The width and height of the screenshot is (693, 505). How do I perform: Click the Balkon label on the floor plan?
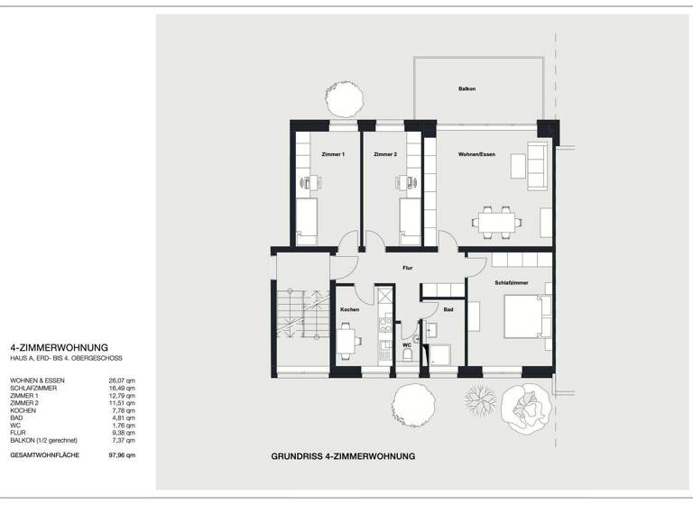click(x=467, y=88)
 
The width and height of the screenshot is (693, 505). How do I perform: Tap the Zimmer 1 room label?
click(x=333, y=155)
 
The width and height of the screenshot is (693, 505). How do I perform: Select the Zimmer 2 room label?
click(x=386, y=155)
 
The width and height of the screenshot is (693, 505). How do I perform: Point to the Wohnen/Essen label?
click(x=477, y=155)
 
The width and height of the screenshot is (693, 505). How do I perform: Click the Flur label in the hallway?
click(x=408, y=267)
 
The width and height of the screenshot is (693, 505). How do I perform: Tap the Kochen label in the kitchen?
click(x=349, y=309)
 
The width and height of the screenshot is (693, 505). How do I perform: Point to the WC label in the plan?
click(x=406, y=344)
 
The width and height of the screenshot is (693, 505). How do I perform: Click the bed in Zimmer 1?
click(x=308, y=221)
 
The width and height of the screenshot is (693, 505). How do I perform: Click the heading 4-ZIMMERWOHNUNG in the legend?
click(x=59, y=347)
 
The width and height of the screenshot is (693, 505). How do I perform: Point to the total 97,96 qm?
click(x=122, y=455)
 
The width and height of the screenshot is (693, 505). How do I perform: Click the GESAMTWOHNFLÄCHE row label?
click(x=44, y=455)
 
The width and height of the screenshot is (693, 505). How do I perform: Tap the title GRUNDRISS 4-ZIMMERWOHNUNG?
click(x=342, y=457)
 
